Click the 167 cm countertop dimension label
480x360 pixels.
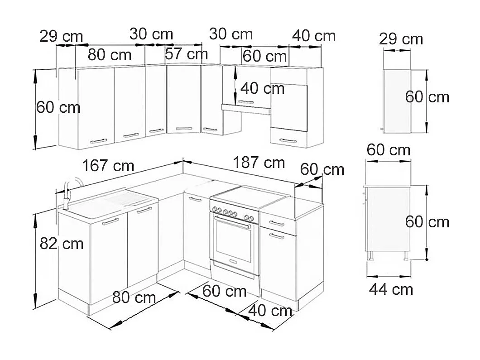click(108, 166)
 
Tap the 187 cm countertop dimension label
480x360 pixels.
click(259, 162)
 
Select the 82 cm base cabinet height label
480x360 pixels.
click(62, 244)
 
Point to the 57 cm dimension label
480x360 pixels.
click(186, 54)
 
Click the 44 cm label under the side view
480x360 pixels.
click(391, 289)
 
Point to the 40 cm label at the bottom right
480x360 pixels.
click(270, 311)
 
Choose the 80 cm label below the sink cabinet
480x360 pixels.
click(134, 298)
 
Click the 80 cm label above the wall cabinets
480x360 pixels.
click(110, 55)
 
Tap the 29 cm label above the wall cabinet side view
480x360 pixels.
click(401, 39)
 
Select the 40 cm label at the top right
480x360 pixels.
click(314, 36)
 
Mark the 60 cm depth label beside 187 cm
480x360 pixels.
click(322, 169)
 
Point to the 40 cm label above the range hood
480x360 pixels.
click(262, 88)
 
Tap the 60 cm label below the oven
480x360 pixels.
click(225, 291)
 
